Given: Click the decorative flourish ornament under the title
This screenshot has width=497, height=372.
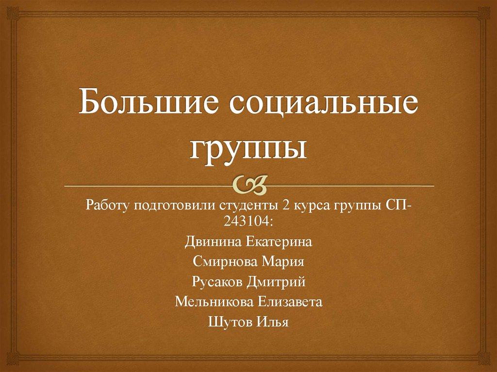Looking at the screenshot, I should pos(248,185).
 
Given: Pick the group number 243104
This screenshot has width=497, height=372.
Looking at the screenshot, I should pos(245,221).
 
